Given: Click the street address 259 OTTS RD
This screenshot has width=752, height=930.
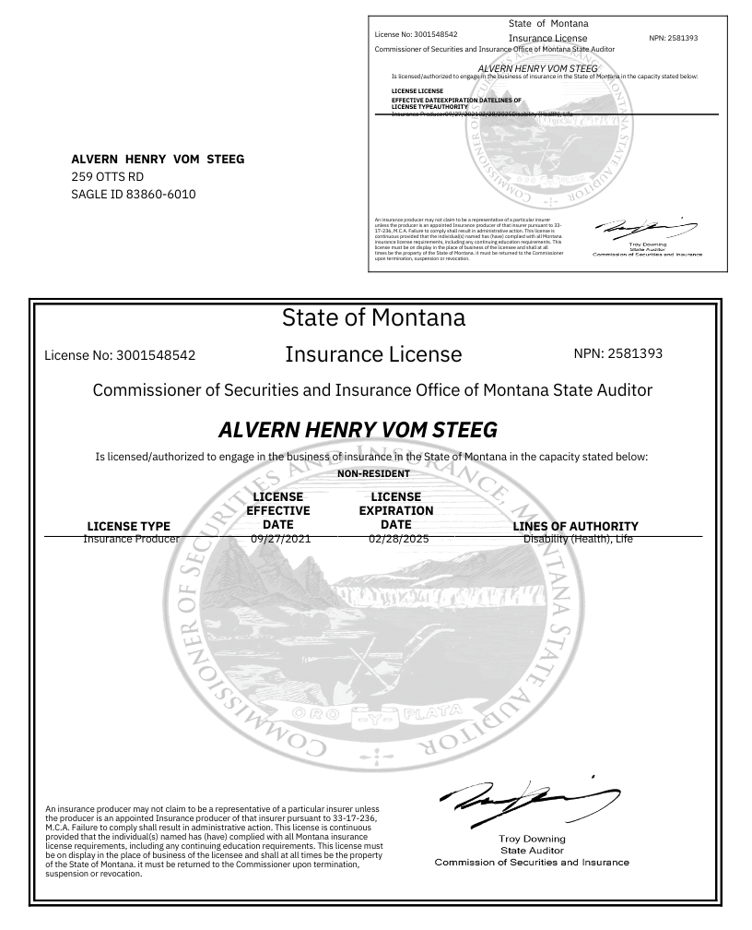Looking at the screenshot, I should pos(108,176).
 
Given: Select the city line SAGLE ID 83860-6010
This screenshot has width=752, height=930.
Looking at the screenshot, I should pos(134,194).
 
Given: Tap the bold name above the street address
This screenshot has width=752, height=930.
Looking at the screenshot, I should pos(158,159).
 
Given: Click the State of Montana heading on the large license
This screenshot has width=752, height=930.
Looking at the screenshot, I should pos(373,317).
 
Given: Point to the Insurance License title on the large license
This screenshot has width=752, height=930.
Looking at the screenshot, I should pos(373,354).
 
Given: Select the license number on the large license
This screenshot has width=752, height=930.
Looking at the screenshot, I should pos(120,354).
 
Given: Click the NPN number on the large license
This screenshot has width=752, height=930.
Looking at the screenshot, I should pos(617,353).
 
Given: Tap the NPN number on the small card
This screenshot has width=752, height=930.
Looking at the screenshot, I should pos(674,38).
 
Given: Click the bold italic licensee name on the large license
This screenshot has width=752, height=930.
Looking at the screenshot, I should pos(358,430).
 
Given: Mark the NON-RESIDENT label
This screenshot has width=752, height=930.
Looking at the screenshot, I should pos(373,473).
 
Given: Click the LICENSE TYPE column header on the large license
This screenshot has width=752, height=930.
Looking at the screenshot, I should pos(128,527).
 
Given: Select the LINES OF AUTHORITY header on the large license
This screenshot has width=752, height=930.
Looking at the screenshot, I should pos(575,527).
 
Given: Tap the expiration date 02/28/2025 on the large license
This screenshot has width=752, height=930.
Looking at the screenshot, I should pos(395,539).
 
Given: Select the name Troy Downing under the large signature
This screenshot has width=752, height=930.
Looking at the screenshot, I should pos(532,839).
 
